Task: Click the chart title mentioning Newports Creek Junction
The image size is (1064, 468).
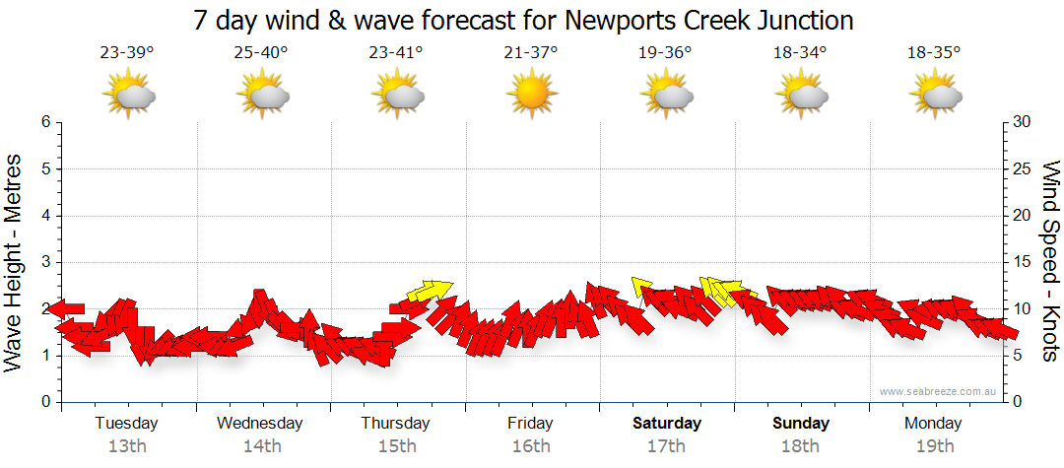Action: tap(523, 20)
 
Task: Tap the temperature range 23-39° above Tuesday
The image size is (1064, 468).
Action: tap(127, 52)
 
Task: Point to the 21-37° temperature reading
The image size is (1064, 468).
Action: tap(530, 52)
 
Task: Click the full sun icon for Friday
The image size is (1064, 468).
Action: tap(530, 96)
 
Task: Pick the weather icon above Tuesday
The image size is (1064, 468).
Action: tap(129, 96)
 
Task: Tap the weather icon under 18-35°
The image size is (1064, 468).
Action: tap(935, 96)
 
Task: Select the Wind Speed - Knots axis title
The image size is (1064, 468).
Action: tap(1049, 261)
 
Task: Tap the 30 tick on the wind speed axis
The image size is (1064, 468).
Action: tap(1022, 122)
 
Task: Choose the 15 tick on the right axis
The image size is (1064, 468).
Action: tap(1022, 262)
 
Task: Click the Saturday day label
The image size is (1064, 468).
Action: tap(667, 424)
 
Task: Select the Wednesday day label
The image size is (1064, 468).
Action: tap(259, 424)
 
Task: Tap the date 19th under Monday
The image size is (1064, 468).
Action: tap(934, 446)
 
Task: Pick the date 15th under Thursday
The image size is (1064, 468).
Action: tap(395, 446)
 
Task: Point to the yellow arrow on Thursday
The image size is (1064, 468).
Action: tap(430, 290)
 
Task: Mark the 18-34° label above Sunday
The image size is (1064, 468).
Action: tap(800, 52)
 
